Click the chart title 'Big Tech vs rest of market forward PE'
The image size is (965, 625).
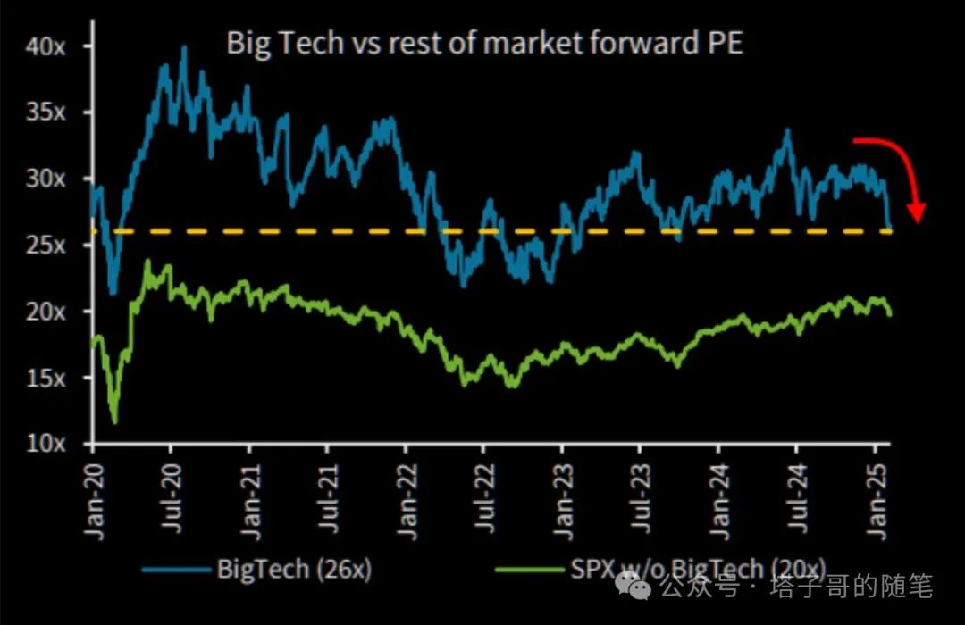[x=484, y=44]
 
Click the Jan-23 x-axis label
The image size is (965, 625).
[x=562, y=500]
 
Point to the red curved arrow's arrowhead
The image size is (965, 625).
[x=916, y=212]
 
